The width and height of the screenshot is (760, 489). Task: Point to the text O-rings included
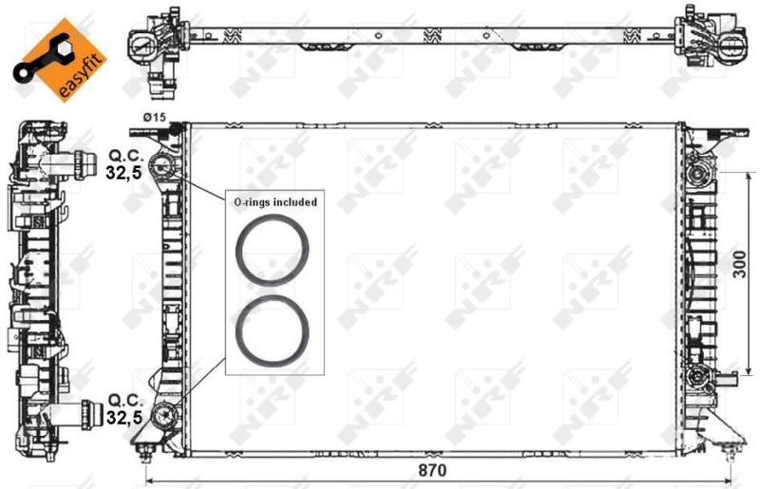click(x=275, y=202)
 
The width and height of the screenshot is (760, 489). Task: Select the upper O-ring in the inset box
click(x=272, y=252)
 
